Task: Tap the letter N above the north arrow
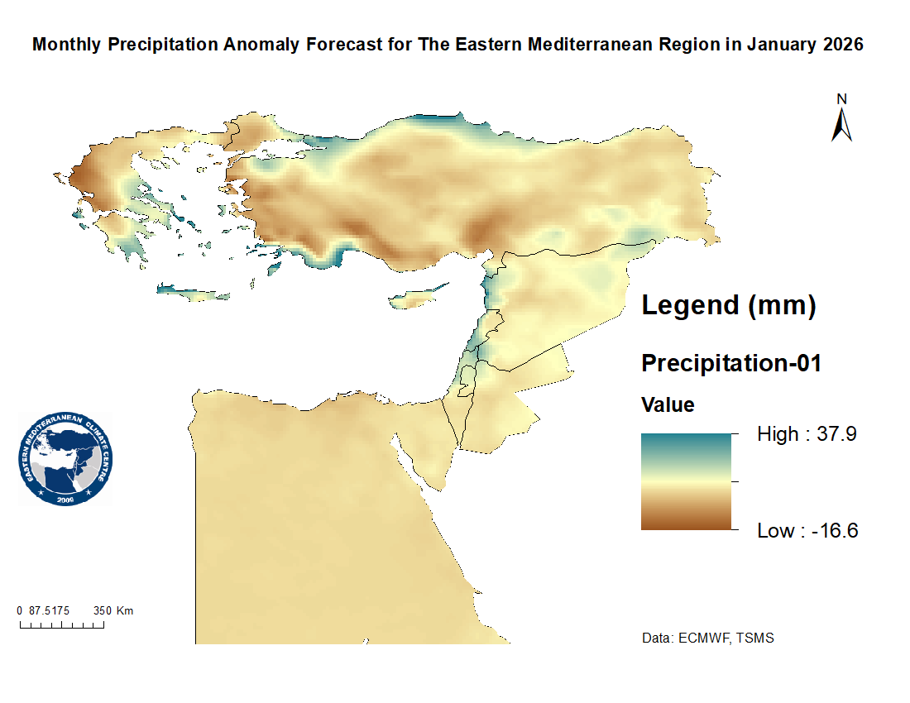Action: click(842, 99)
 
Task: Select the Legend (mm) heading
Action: click(729, 305)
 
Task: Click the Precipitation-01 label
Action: click(731, 362)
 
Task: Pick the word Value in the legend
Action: click(668, 405)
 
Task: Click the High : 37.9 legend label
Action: click(807, 434)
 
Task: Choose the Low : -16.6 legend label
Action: click(807, 531)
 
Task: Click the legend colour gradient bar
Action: click(687, 481)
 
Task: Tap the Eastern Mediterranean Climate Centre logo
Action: click(65, 460)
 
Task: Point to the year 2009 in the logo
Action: click(66, 500)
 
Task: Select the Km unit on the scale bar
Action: click(125, 611)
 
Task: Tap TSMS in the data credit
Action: click(759, 638)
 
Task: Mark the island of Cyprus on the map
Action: click(418, 296)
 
